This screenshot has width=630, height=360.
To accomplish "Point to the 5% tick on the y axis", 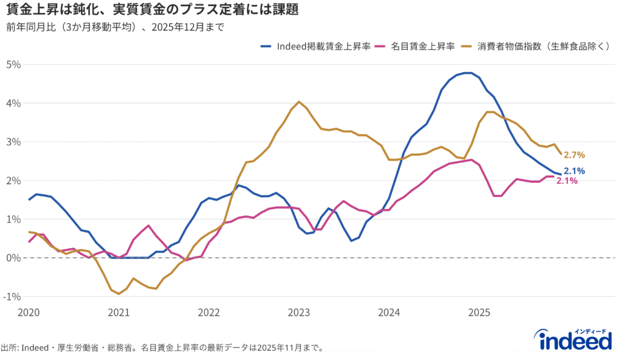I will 13,65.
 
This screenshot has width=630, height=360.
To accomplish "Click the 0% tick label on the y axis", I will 13,258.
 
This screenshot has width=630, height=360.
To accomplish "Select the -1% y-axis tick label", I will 12,297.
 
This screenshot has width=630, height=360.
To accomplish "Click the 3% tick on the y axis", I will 13,142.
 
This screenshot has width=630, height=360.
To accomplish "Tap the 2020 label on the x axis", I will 28,313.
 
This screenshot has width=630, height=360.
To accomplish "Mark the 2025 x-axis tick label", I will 479,313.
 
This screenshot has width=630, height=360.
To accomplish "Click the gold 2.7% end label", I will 574,155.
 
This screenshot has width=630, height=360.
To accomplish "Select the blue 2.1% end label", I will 574,171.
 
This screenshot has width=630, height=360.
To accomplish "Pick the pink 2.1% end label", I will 566,181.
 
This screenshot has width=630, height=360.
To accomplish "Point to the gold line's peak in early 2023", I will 299,102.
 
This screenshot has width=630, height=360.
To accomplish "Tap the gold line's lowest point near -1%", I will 119,294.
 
